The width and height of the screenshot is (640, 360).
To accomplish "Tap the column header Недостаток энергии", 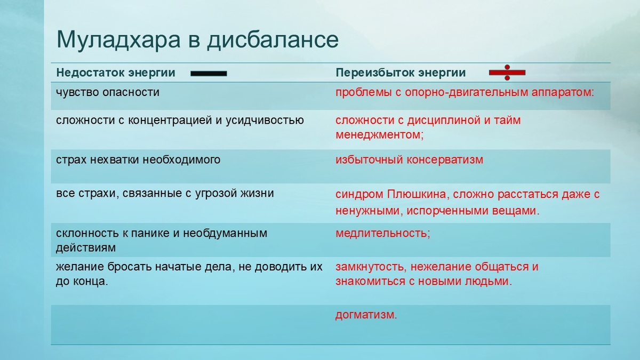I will [116, 73].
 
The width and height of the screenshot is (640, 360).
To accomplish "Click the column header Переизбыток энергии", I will [401, 73].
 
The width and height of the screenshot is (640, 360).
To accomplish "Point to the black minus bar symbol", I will [209, 73].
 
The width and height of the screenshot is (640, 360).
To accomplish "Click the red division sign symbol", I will [507, 73].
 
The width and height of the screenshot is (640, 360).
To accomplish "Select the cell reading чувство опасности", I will [108, 92].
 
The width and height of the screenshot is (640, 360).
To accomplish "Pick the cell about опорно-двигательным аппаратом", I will [465, 92].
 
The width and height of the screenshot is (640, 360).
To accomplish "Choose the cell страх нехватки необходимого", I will [138, 160].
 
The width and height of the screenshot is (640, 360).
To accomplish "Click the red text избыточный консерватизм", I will [409, 160].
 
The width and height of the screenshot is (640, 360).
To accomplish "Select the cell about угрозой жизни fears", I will [165, 193].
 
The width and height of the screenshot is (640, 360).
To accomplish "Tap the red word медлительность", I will [382, 234].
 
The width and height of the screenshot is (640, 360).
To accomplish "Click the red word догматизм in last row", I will [366, 315].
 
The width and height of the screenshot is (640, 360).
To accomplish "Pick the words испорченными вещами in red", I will [474, 211].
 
